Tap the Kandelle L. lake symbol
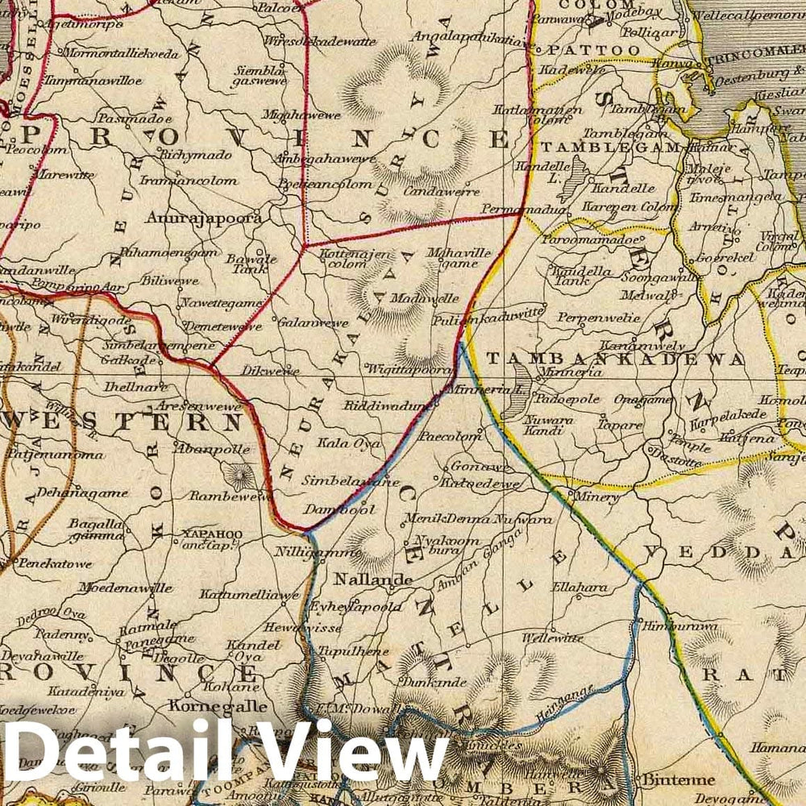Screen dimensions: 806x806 tap(574, 179)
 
